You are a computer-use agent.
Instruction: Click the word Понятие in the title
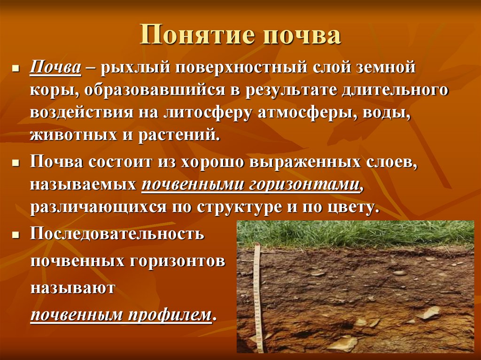point(196,36)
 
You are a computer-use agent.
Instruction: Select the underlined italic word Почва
point(54,69)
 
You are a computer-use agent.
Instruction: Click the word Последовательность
point(117,233)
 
